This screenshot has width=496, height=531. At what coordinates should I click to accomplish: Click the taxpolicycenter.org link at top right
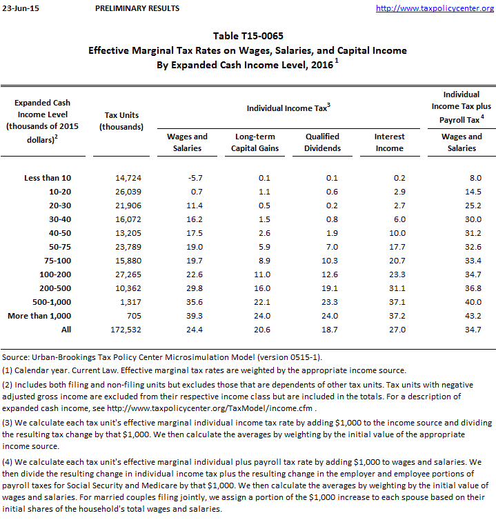click(439, 8)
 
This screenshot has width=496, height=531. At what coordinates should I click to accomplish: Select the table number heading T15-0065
click(248, 36)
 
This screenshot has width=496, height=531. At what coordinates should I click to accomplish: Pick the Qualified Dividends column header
click(323, 142)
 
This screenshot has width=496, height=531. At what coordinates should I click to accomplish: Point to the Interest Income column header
click(389, 142)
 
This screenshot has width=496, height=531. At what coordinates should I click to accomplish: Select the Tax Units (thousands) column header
click(121, 121)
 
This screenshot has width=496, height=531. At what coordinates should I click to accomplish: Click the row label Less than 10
click(47, 178)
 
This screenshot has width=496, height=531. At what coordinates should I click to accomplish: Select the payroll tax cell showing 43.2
click(470, 316)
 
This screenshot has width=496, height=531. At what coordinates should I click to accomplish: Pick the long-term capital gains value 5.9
click(262, 247)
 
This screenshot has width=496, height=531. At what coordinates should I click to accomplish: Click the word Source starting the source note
click(15, 357)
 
